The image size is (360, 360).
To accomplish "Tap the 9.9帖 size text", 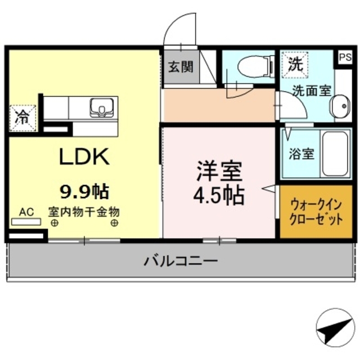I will (84, 192).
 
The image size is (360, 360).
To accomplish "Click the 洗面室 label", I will (310, 91).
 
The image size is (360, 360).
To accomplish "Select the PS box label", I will (345, 56).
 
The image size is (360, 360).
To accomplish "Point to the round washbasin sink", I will (340, 106).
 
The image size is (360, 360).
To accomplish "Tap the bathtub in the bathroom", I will (336, 153).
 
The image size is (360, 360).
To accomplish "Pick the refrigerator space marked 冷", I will (23, 117).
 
